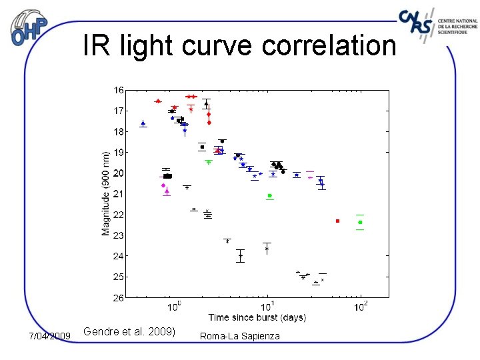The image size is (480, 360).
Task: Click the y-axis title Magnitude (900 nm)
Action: (106, 193)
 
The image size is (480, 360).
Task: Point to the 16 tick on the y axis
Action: (118, 90)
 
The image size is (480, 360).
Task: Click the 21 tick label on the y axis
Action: (118, 194)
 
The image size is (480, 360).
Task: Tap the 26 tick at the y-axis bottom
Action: (118, 298)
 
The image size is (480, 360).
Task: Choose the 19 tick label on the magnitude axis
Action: (118, 153)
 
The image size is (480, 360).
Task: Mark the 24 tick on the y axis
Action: (118, 256)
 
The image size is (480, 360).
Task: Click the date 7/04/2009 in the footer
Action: (50, 336)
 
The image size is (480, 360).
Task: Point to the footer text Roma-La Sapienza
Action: (240, 336)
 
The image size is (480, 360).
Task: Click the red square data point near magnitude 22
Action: (337, 221)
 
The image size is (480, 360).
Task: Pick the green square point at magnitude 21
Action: (269, 195)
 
